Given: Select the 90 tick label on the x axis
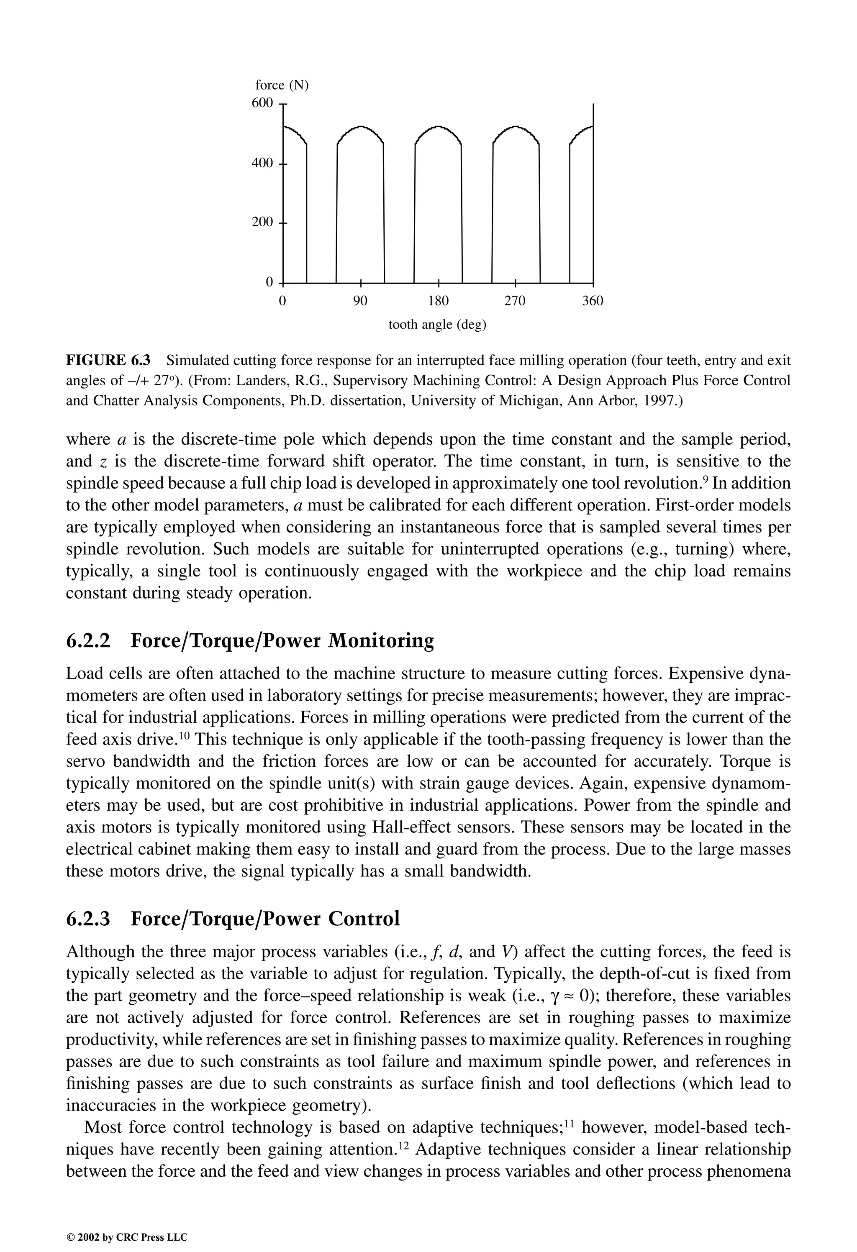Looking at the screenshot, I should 360,301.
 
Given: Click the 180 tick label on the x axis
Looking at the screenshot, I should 438,301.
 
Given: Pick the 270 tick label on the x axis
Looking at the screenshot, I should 515,301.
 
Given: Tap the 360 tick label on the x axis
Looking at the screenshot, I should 593,301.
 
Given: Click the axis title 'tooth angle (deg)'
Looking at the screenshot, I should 437,325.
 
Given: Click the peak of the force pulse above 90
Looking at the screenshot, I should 360,127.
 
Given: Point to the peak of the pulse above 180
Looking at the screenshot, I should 438,127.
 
